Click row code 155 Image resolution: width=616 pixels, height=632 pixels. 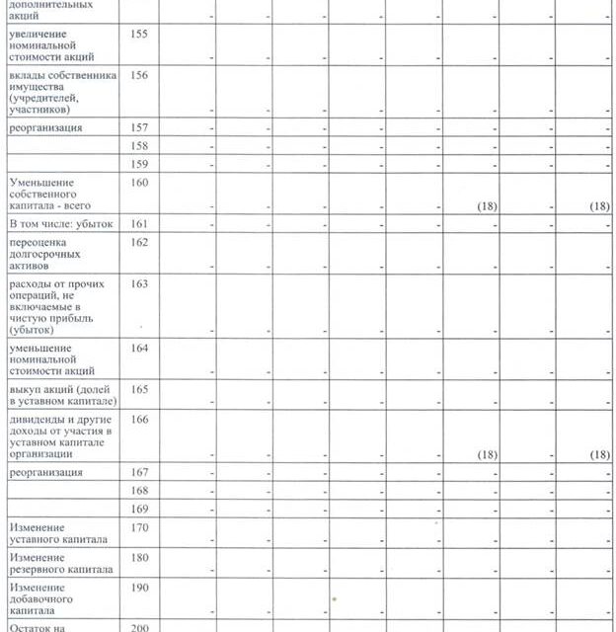click(x=138, y=34)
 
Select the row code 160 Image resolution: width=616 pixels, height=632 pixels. click(x=138, y=183)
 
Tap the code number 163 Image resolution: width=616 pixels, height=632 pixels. click(x=138, y=283)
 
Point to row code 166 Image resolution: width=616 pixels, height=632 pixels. click(x=138, y=420)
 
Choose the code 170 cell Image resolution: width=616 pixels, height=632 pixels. click(x=138, y=527)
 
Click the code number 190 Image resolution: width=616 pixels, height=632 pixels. click(x=138, y=588)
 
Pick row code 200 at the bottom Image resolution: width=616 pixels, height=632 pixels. click(x=138, y=627)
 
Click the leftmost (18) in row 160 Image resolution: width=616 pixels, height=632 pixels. click(x=486, y=206)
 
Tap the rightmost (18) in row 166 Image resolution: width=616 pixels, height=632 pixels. click(x=597, y=454)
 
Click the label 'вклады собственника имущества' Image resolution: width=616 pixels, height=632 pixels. click(x=62, y=91)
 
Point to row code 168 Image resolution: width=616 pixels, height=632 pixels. click(x=138, y=491)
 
